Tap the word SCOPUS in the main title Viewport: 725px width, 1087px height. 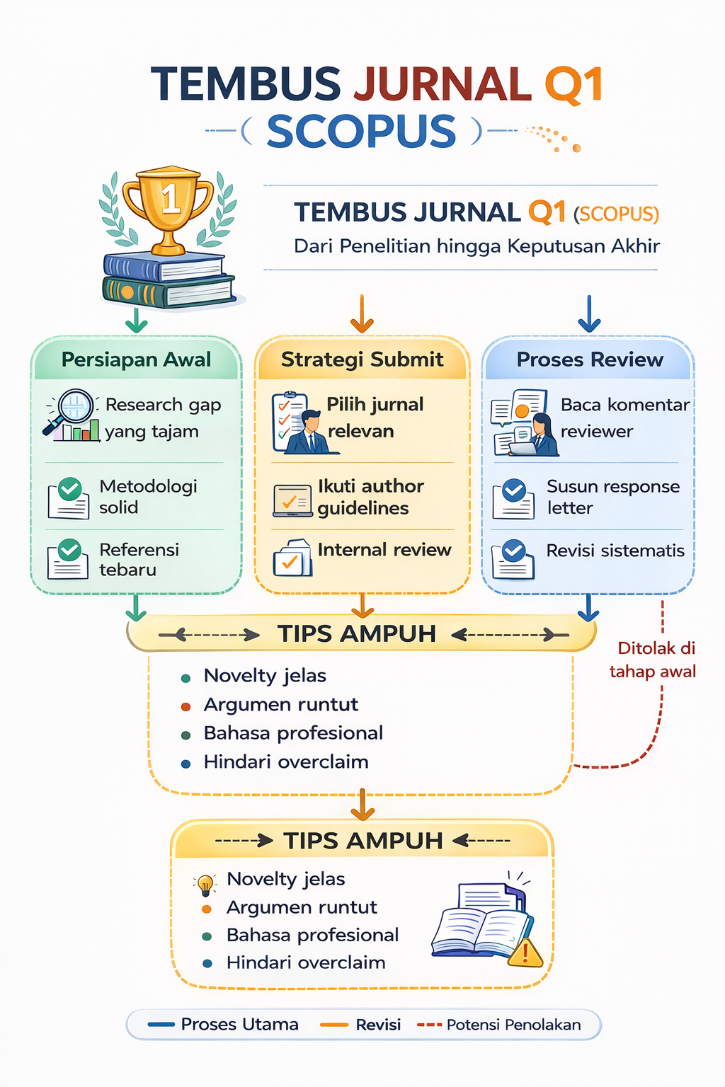[x=361, y=132]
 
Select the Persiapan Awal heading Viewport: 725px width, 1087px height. [x=137, y=360]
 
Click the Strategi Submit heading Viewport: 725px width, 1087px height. [x=362, y=360]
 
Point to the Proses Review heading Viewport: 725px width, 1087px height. [x=590, y=360]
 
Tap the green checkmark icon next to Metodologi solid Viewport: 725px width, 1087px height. [x=69, y=489]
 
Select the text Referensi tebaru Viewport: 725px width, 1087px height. [x=139, y=559]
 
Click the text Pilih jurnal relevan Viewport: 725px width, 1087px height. [x=375, y=418]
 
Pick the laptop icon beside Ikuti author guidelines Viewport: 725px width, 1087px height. [x=292, y=501]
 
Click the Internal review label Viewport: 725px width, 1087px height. [x=384, y=550]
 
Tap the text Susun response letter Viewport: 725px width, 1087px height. [x=612, y=497]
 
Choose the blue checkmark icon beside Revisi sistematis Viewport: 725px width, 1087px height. [x=514, y=551]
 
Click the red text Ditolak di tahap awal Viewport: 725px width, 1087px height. [x=654, y=660]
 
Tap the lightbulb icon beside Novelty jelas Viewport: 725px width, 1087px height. [x=205, y=883]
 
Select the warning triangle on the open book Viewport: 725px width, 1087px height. [x=525, y=953]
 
